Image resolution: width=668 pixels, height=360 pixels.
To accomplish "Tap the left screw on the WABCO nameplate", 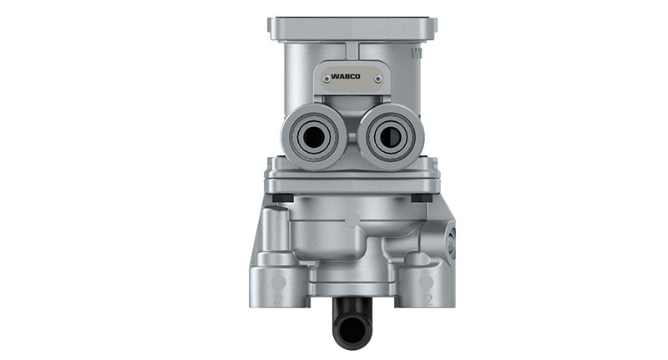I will [x=321, y=79].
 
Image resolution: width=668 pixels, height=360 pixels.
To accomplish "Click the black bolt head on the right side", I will [x=423, y=198].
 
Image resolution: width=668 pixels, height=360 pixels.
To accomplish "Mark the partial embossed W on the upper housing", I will [x=418, y=53].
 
